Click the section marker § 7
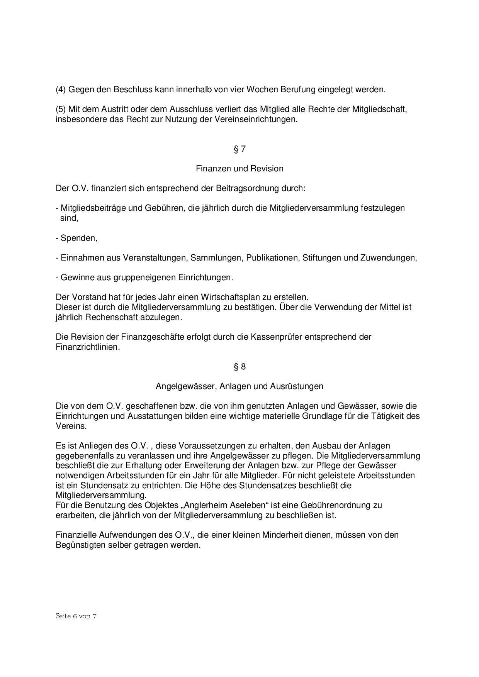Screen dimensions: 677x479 [x=239, y=149]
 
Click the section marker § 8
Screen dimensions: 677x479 [x=239, y=366]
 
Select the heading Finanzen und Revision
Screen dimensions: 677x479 [x=239, y=169]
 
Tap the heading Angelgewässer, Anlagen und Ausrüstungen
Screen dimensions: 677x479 [x=239, y=386]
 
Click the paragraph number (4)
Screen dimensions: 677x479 [x=61, y=90]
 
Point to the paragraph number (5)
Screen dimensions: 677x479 [x=61, y=109]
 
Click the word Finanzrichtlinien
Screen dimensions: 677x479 [x=87, y=347]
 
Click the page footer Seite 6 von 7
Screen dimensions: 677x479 [x=76, y=616]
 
